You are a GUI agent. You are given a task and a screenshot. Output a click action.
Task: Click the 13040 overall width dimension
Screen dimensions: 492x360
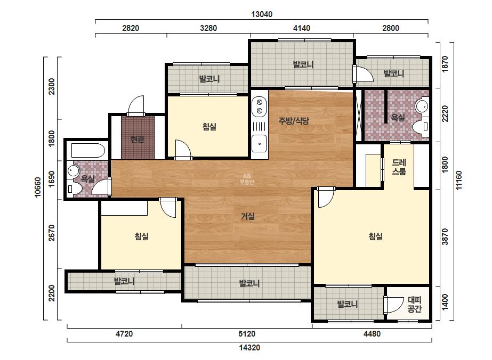262,14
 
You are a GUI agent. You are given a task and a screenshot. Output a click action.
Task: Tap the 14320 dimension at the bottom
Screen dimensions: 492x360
249,347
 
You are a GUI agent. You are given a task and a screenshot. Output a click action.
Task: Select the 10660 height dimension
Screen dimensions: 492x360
38,187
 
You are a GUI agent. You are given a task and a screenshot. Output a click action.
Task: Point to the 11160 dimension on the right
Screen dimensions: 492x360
459,181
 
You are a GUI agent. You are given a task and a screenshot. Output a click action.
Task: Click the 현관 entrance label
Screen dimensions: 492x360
138,140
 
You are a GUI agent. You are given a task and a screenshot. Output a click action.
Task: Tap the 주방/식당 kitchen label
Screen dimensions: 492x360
294,121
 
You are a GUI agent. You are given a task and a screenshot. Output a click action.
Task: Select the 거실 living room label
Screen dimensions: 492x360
247,216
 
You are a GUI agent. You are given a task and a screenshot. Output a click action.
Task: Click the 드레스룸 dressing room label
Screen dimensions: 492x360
399,167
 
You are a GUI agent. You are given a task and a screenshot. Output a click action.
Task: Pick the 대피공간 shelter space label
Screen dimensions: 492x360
415,305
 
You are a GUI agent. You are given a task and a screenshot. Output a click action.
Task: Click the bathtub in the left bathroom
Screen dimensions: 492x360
88,151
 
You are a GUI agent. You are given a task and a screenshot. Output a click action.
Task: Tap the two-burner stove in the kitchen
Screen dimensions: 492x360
259,107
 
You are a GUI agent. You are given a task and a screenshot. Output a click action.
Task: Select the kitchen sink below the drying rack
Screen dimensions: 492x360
259,144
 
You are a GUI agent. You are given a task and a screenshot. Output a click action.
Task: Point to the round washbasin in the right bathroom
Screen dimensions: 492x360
422,107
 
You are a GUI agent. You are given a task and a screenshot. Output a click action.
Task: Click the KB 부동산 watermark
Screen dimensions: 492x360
247,179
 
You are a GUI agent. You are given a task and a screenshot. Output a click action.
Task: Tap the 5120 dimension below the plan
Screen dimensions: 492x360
247,334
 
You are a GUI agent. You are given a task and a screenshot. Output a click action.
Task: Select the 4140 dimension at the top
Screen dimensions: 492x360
302,28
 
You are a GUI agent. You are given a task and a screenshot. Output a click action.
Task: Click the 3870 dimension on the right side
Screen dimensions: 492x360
445,237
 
